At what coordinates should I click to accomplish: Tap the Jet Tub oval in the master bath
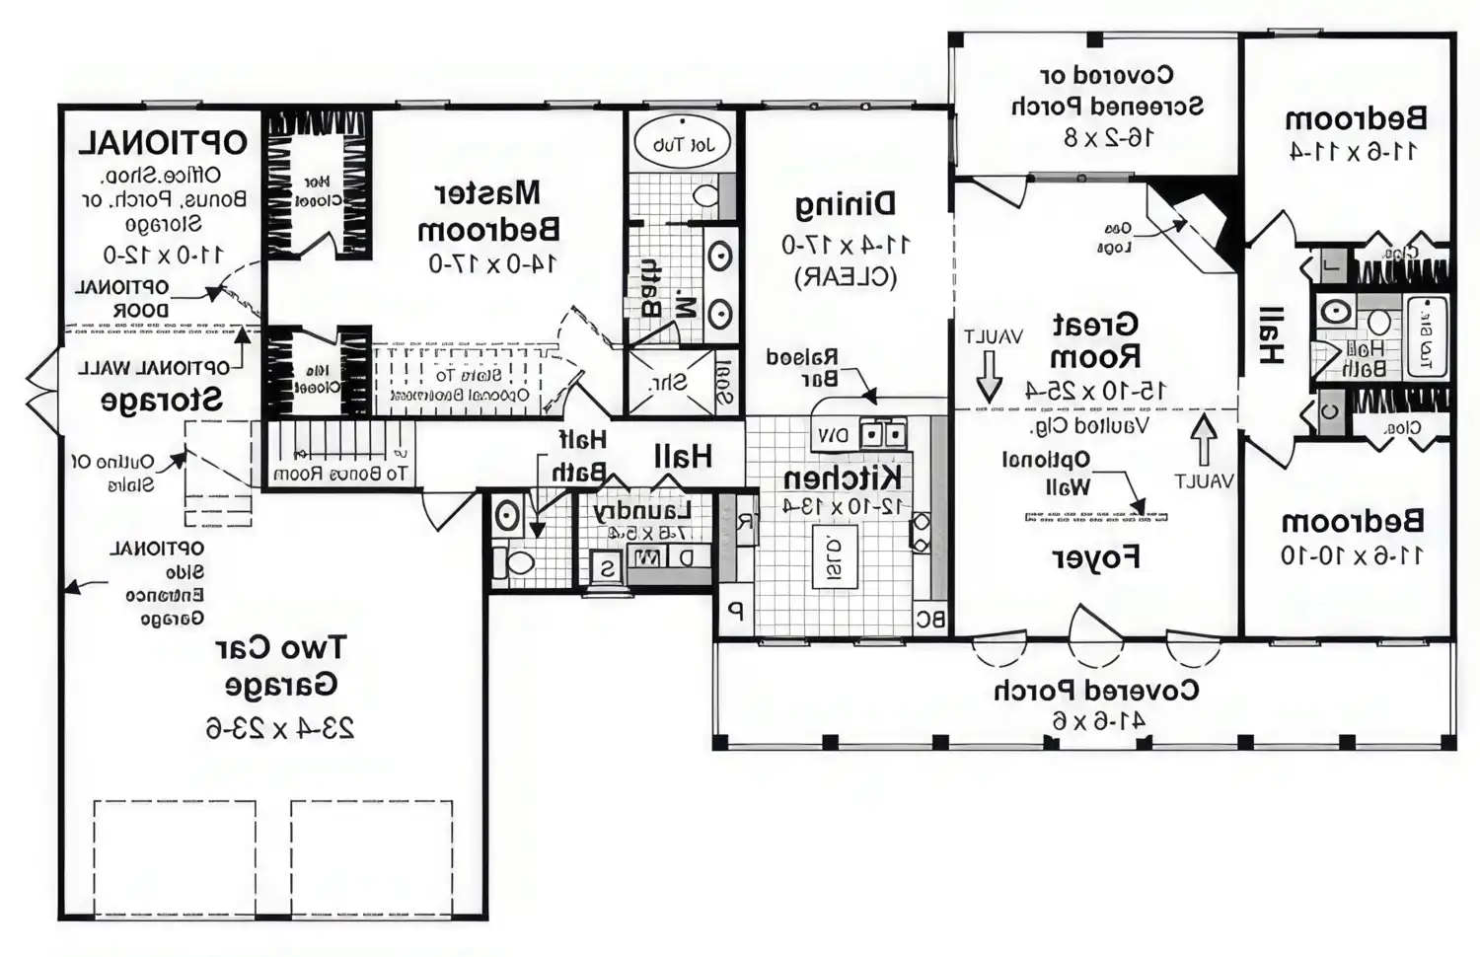tap(680, 144)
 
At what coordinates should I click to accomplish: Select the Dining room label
tap(846, 204)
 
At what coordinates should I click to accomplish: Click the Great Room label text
tap(1095, 339)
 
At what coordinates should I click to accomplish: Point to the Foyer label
tap(1096, 557)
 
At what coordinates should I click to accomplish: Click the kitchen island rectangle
tap(834, 556)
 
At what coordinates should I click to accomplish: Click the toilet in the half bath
tap(515, 563)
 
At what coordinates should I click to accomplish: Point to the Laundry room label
tap(641, 510)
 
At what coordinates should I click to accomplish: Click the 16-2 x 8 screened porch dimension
tap(1107, 137)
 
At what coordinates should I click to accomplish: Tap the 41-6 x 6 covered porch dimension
tap(1097, 721)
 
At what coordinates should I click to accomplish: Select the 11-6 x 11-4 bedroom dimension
tap(1354, 151)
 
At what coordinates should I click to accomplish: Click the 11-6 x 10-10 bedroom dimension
tap(1352, 554)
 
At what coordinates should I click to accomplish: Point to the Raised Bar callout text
tap(802, 367)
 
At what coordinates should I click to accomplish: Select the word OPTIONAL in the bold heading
tap(163, 142)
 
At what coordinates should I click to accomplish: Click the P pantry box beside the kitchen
tap(733, 611)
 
